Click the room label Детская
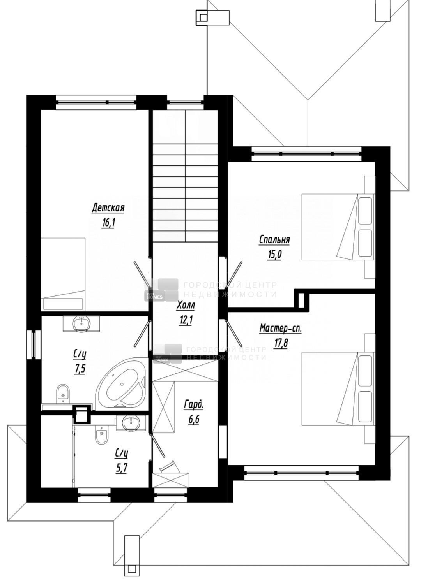click(108, 208)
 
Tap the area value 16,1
click(108, 223)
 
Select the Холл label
click(185, 306)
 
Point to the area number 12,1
click(185, 320)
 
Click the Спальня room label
click(274, 240)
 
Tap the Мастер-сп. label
click(281, 329)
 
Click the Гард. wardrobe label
click(193, 405)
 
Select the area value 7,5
click(79, 368)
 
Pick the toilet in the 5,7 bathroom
click(102, 435)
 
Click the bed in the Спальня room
click(338, 227)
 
